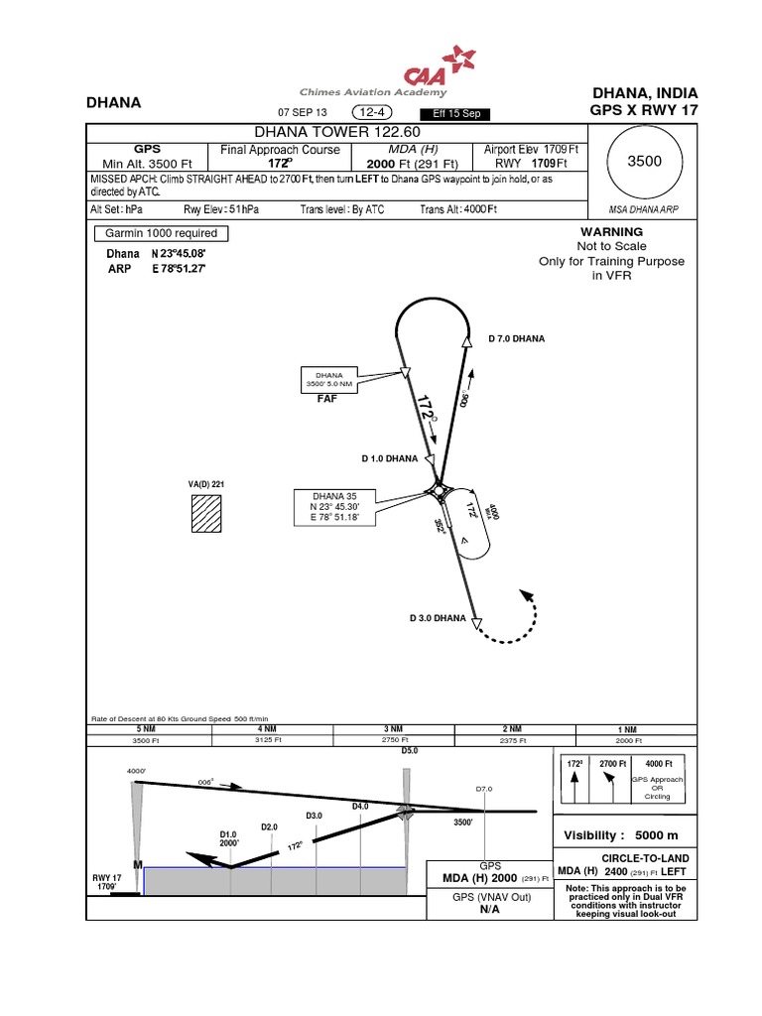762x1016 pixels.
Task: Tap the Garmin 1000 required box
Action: pyautogui.click(x=161, y=234)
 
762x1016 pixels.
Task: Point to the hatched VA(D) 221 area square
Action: pyautogui.click(x=207, y=516)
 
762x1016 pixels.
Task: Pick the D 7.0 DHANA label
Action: pyautogui.click(x=517, y=338)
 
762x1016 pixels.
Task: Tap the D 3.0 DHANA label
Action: pyautogui.click(x=438, y=618)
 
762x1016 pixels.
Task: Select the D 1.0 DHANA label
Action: pyautogui.click(x=389, y=458)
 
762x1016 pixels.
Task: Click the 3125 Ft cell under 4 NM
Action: pyautogui.click(x=269, y=740)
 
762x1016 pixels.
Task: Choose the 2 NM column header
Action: pyautogui.click(x=512, y=728)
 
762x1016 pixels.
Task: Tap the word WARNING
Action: pyautogui.click(x=590, y=231)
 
